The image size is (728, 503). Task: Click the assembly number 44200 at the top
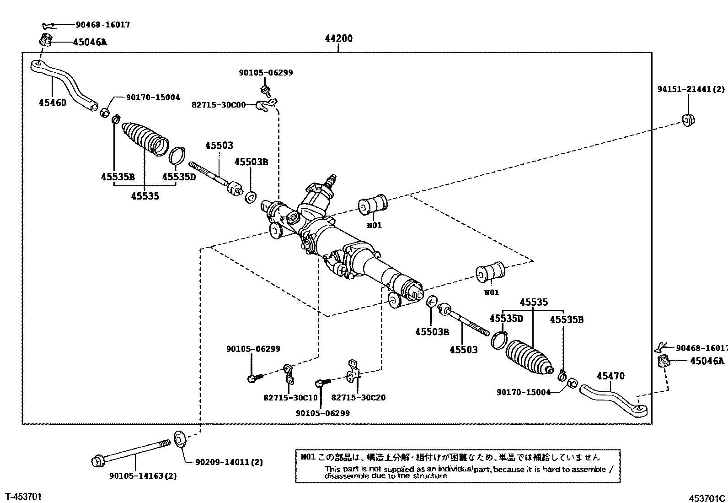(x=338, y=38)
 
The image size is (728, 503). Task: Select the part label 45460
(x=53, y=103)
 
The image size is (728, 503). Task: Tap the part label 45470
(x=610, y=376)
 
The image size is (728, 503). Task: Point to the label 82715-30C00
(x=219, y=105)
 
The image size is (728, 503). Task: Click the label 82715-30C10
(x=290, y=397)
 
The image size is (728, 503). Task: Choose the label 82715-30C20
(x=358, y=397)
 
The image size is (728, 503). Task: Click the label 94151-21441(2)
(x=691, y=90)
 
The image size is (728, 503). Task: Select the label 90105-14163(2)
(x=143, y=476)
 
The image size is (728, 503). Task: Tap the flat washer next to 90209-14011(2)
(x=179, y=438)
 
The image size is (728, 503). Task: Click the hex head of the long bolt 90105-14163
(x=98, y=460)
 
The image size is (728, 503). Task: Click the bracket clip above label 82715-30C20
(x=353, y=372)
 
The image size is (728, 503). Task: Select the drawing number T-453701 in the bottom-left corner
(x=23, y=496)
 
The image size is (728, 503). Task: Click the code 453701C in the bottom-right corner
(x=707, y=498)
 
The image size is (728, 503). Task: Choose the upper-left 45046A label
(x=90, y=43)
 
